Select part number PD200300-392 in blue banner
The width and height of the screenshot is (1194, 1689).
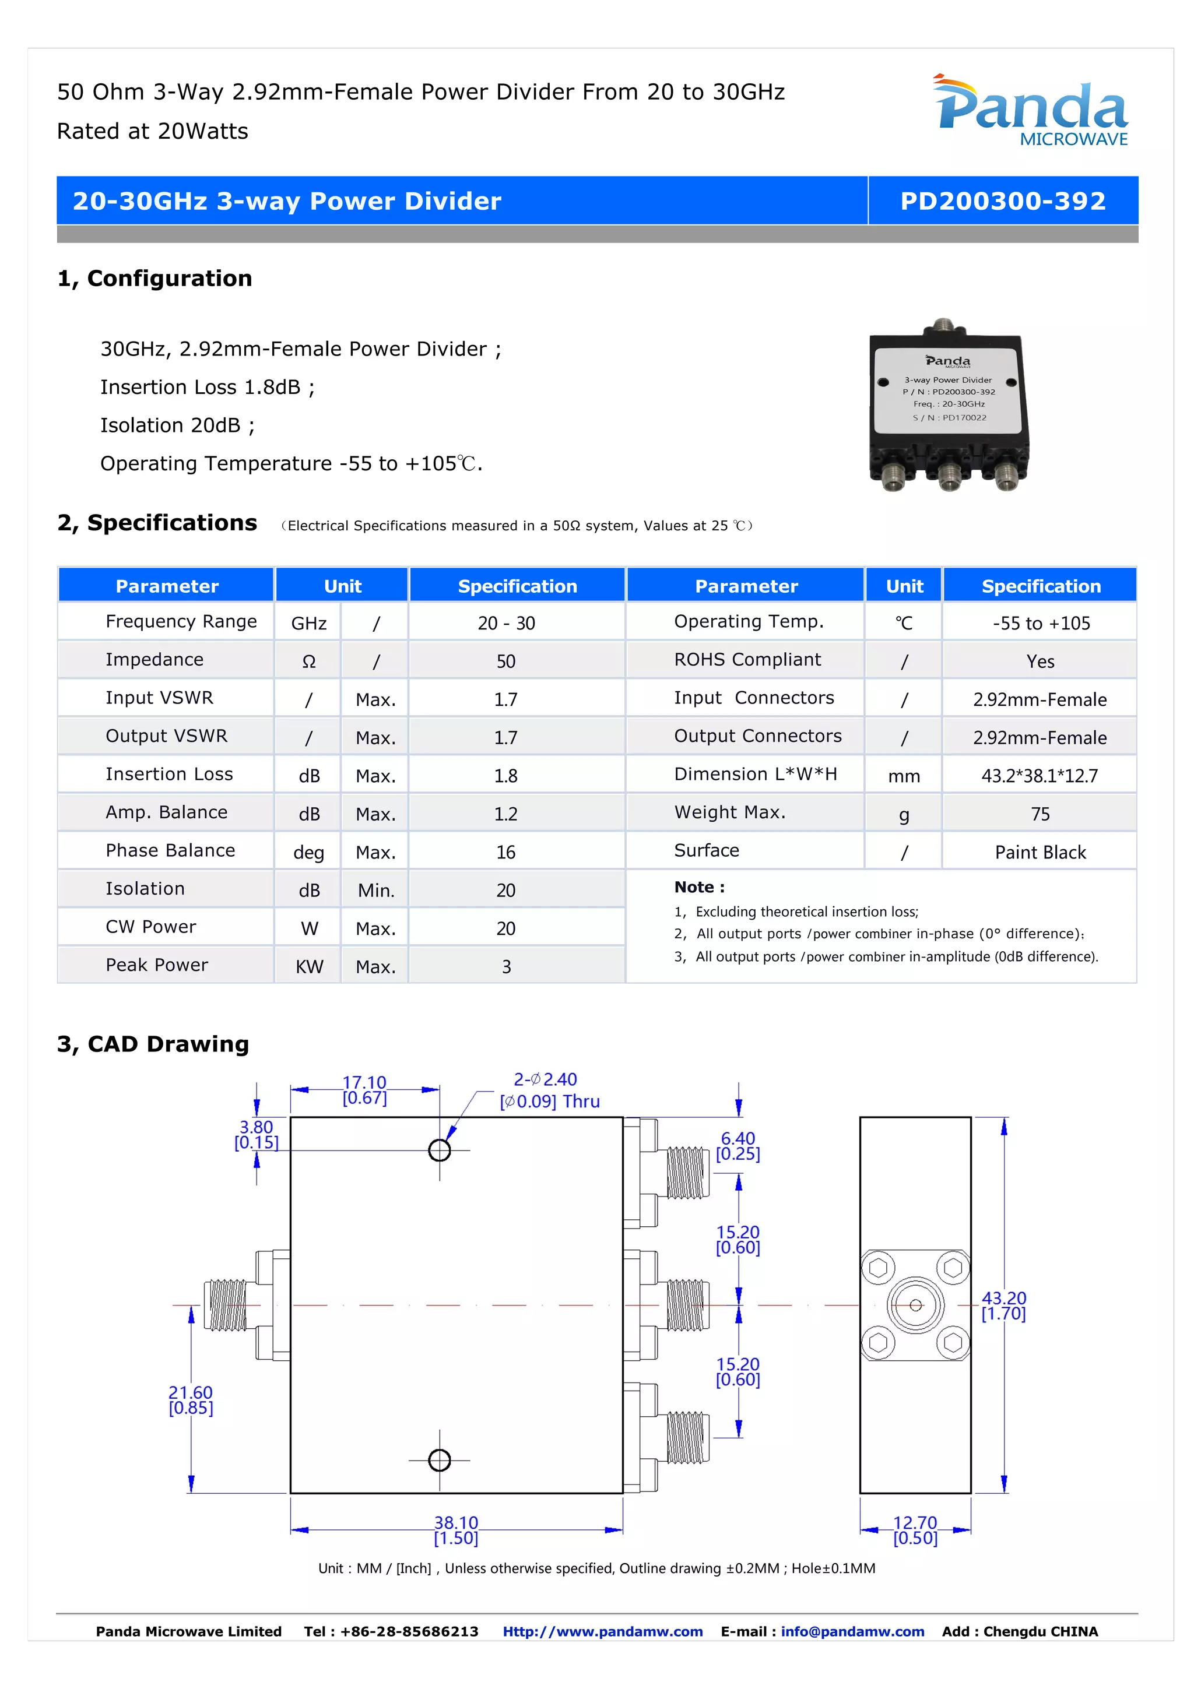click(1003, 201)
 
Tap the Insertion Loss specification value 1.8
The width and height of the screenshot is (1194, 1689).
click(505, 775)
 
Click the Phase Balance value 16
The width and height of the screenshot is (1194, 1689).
click(505, 852)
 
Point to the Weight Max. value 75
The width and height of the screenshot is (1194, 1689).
click(1040, 814)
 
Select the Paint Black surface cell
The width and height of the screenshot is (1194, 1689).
click(1040, 852)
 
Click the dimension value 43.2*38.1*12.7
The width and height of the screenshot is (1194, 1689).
click(1039, 775)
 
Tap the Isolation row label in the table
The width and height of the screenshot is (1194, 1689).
click(145, 889)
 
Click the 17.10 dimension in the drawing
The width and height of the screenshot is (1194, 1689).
click(364, 1089)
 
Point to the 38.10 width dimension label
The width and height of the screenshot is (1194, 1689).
click(456, 1529)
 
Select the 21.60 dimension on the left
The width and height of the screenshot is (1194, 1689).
click(191, 1399)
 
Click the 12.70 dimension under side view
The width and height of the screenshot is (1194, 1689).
click(915, 1529)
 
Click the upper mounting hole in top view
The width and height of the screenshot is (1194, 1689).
click(439, 1150)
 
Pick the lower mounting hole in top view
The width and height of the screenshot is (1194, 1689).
click(439, 1459)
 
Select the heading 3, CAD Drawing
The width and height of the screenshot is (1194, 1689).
click(153, 1044)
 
